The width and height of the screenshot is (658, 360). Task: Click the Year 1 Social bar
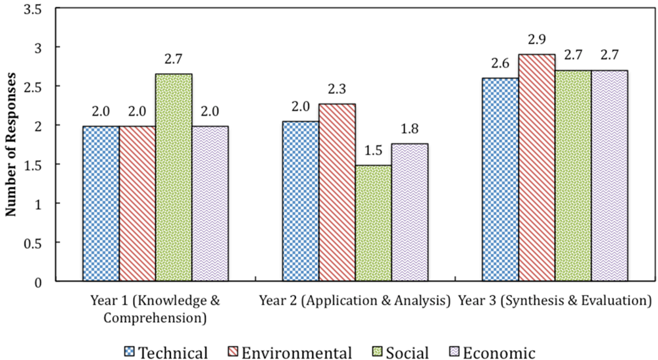coord(174,178)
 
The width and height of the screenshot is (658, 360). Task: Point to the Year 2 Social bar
coord(373,223)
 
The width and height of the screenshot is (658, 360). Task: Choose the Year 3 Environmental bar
coord(536,168)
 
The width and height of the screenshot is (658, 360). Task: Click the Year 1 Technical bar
coord(101,203)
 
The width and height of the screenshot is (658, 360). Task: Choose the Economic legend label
coord(498,352)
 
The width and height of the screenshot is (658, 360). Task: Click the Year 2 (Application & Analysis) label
coord(354,302)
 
